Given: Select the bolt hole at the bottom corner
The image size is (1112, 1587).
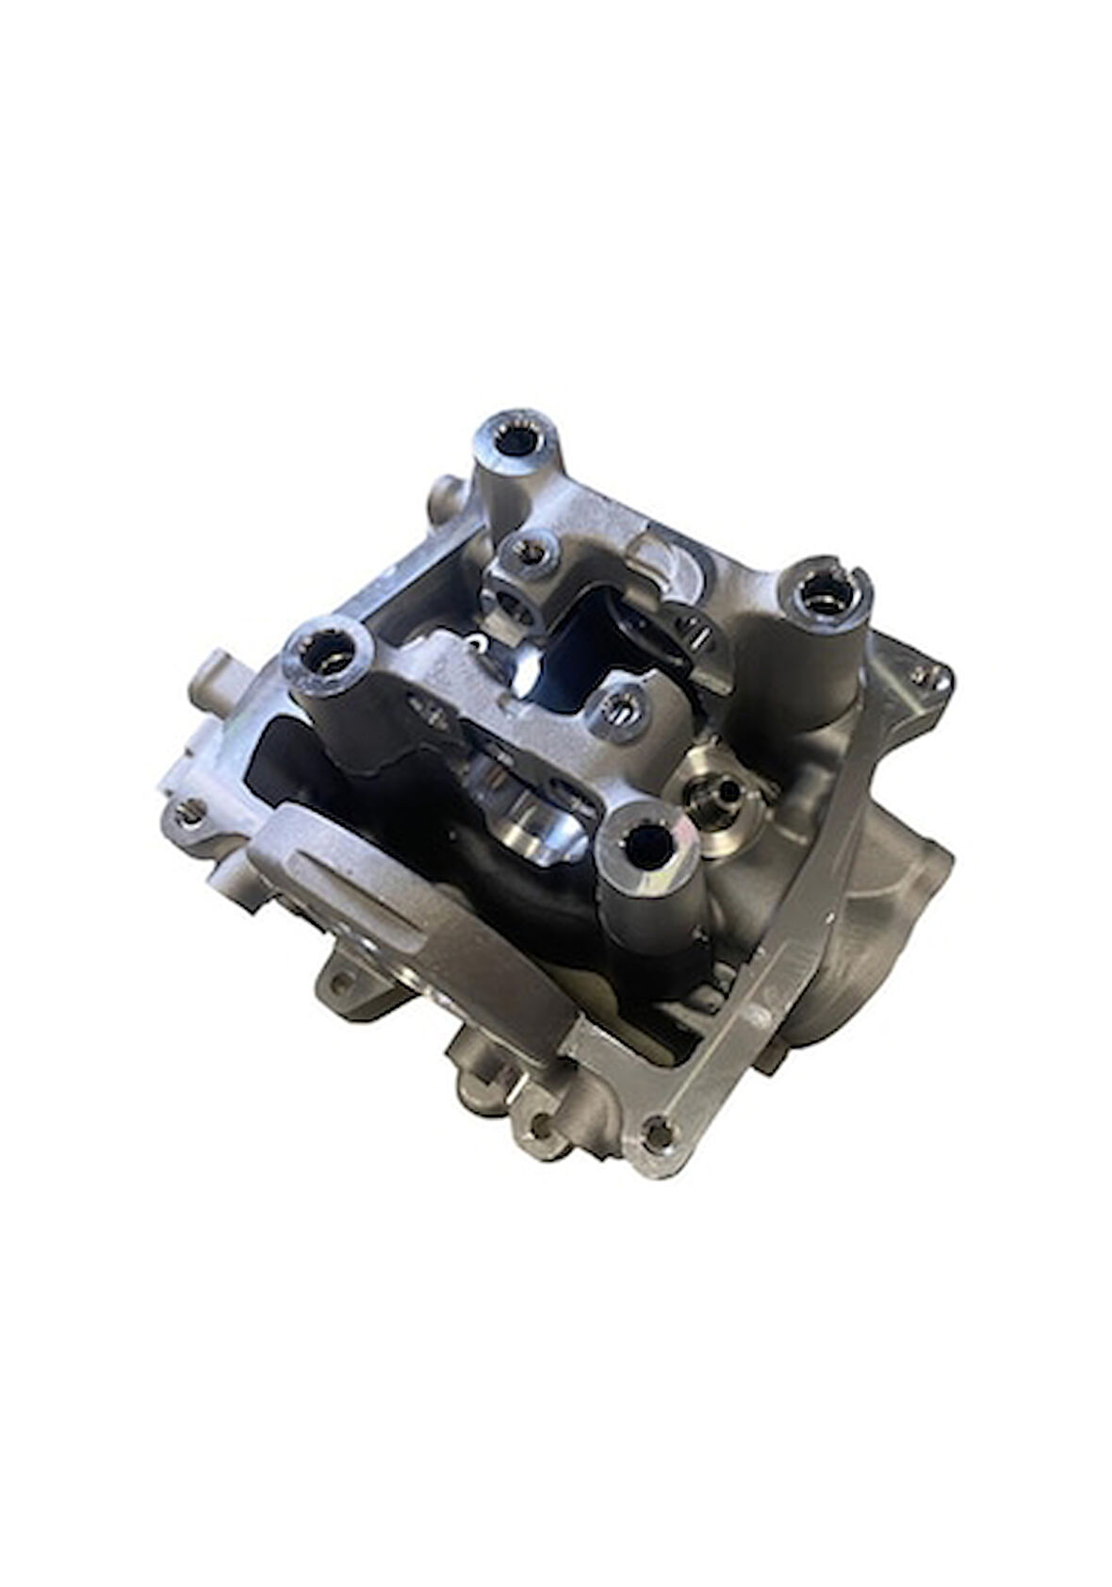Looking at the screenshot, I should [x=655, y=1131].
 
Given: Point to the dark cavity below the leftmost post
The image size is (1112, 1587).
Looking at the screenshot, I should [x=283, y=754].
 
